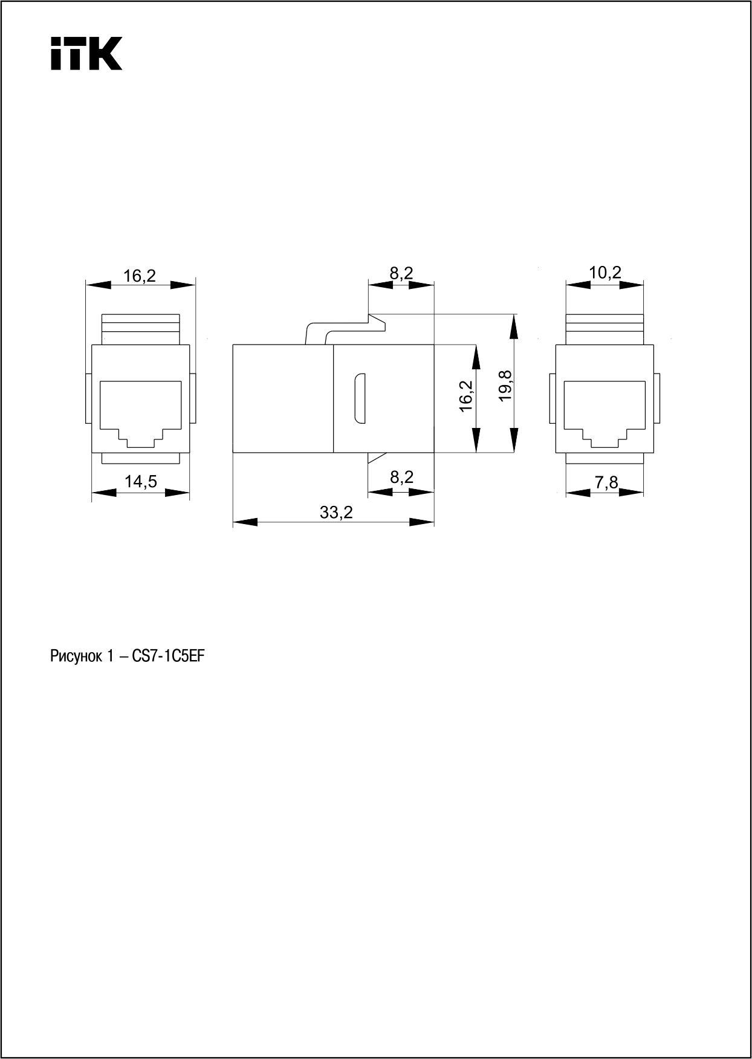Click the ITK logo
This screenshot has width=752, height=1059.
coord(86,53)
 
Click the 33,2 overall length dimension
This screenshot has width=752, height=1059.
coord(336,513)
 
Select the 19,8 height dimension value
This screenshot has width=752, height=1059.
coord(505,384)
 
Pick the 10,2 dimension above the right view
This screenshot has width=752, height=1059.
coord(605,273)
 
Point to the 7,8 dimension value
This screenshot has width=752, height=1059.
coord(606,482)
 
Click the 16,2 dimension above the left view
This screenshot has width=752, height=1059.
coord(140,276)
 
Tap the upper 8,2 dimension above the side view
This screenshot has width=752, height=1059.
coord(401,273)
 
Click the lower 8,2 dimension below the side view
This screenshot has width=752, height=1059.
coord(401,478)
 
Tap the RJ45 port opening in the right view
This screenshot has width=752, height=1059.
coord(605,414)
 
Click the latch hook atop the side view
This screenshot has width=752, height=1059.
coord(346,329)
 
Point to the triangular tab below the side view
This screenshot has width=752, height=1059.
coord(377,458)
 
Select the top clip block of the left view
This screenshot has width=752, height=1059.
coord(141,329)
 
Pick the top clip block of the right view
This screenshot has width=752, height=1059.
coord(605,329)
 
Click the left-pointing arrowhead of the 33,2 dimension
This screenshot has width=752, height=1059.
coord(245,522)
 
